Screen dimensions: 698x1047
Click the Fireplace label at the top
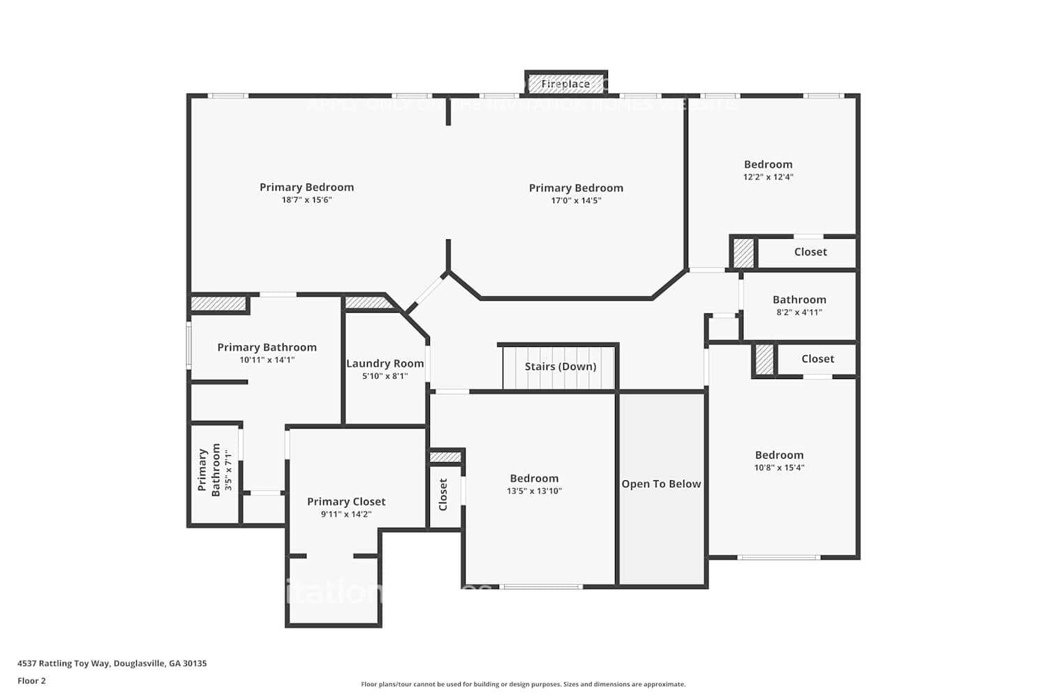pos(565,84)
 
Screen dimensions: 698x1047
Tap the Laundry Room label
pos(385,364)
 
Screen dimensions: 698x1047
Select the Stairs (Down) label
pos(560,366)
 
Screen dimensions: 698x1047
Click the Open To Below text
pos(661,484)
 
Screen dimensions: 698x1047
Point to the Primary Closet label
pos(346,502)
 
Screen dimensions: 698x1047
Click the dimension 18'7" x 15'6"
pos(306,200)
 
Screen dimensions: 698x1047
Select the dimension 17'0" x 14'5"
pos(576,201)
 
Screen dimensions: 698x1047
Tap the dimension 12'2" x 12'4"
pos(768,177)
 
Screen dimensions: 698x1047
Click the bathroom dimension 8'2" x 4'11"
pos(799,313)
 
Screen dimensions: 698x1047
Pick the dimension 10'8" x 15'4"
pos(779,468)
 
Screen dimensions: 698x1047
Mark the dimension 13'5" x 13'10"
pos(534,491)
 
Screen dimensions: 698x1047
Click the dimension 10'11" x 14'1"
pos(267,360)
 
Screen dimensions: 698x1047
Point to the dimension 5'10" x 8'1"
pos(385,376)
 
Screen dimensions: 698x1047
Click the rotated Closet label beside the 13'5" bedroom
pos(443,494)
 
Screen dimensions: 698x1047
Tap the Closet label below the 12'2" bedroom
pos(810,252)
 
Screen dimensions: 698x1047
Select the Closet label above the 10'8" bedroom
pos(817,359)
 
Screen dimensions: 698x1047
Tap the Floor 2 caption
pos(31,681)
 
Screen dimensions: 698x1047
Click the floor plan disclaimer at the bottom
pos(523,685)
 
